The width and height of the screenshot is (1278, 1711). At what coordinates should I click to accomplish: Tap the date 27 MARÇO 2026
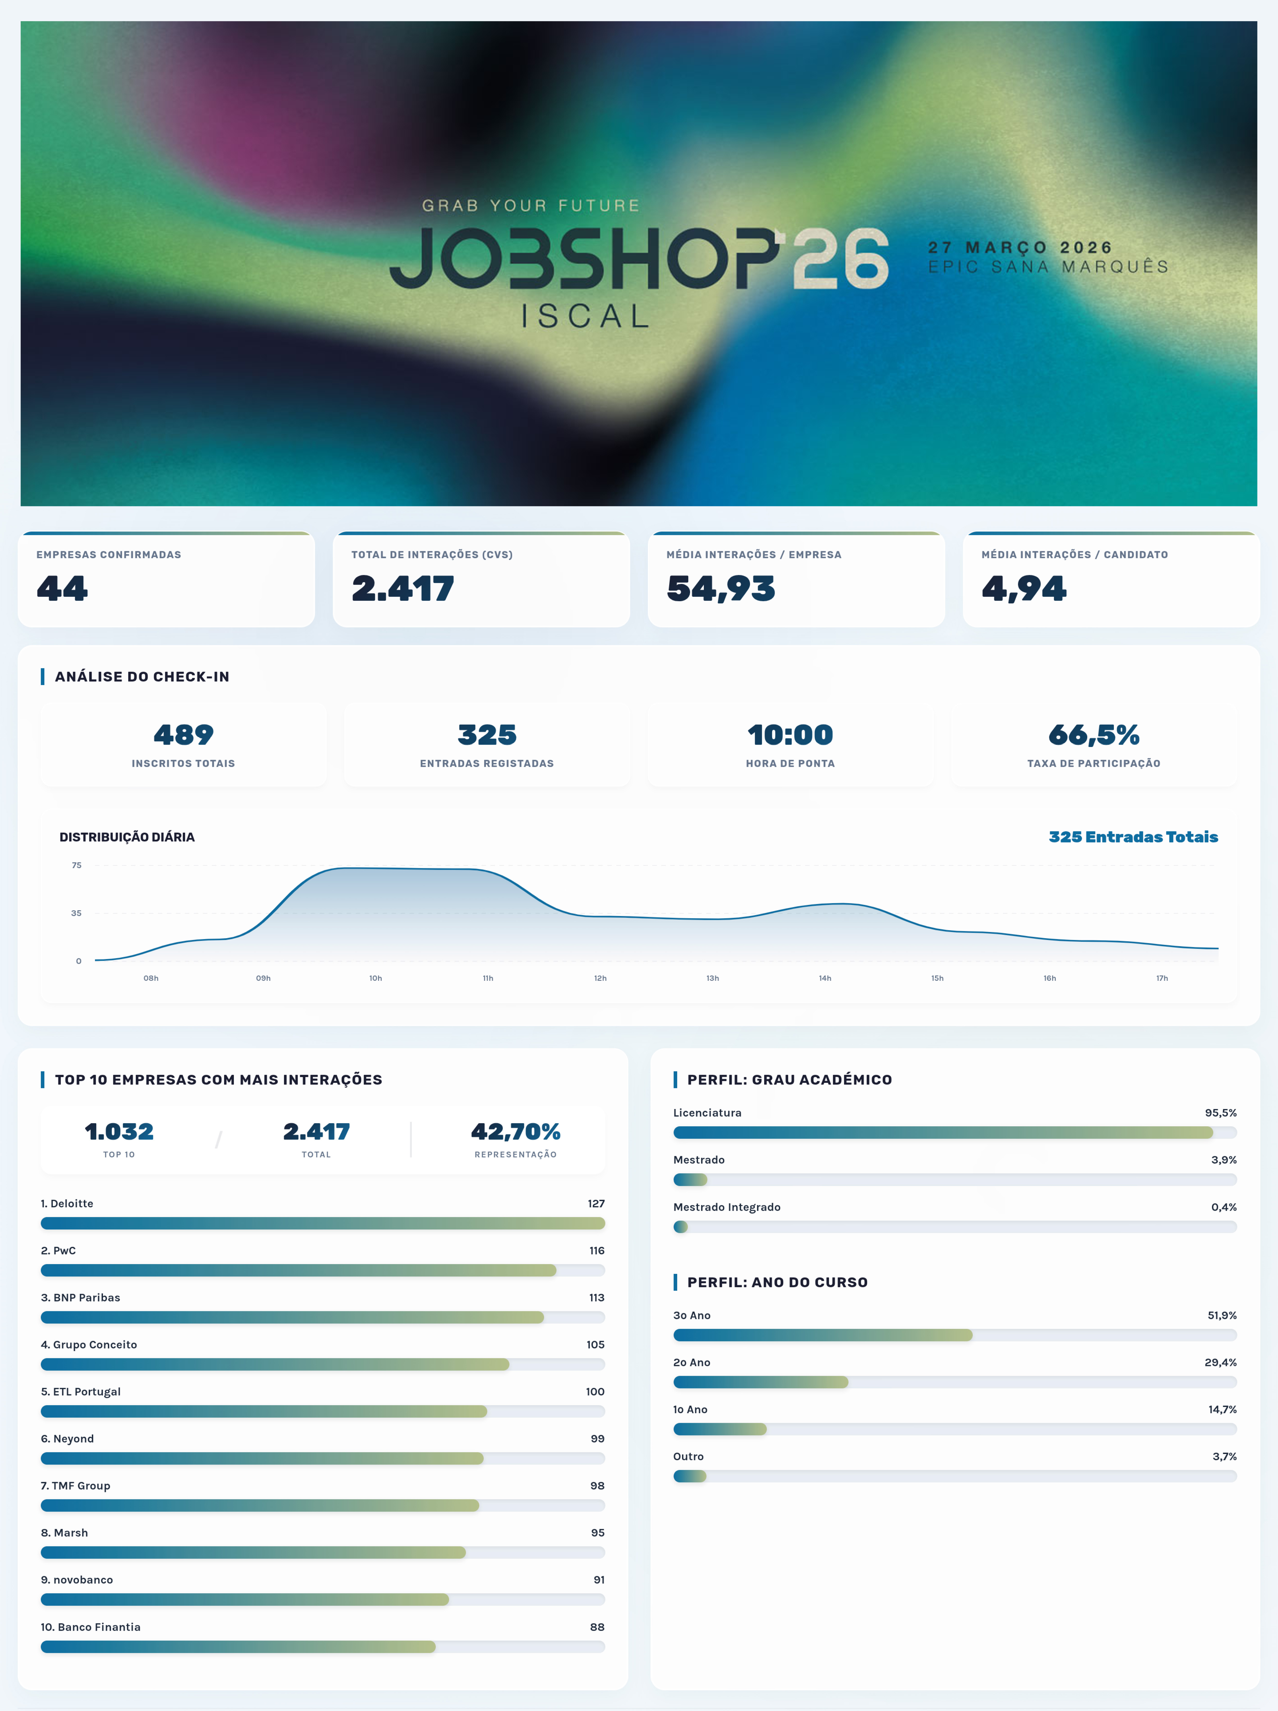pyautogui.click(x=1020, y=247)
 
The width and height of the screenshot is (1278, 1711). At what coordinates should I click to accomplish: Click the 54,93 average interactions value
pyautogui.click(x=720, y=589)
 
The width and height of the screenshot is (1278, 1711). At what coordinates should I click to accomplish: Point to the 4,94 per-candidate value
pyautogui.click(x=1024, y=589)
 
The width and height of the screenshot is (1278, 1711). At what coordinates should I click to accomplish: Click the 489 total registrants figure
pyautogui.click(x=183, y=734)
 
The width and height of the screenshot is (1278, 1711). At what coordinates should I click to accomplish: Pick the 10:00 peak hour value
pyautogui.click(x=790, y=734)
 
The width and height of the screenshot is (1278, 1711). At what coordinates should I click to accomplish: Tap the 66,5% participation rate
pyautogui.click(x=1093, y=734)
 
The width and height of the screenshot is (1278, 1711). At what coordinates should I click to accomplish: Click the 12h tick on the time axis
pyautogui.click(x=600, y=978)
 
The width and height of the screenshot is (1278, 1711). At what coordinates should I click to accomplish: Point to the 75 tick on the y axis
pyautogui.click(x=77, y=865)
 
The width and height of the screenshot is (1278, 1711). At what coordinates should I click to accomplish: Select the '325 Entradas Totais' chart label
pyautogui.click(x=1132, y=837)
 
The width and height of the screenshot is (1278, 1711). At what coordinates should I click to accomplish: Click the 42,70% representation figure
pyautogui.click(x=515, y=1132)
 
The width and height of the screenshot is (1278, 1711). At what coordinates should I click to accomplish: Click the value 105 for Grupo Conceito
pyautogui.click(x=595, y=1344)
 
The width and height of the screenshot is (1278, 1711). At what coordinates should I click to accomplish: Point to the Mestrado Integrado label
pyautogui.click(x=726, y=1207)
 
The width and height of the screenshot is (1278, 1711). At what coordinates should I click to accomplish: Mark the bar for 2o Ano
pyautogui.click(x=761, y=1382)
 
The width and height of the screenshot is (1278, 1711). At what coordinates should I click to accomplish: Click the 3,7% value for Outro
pyautogui.click(x=1224, y=1457)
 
